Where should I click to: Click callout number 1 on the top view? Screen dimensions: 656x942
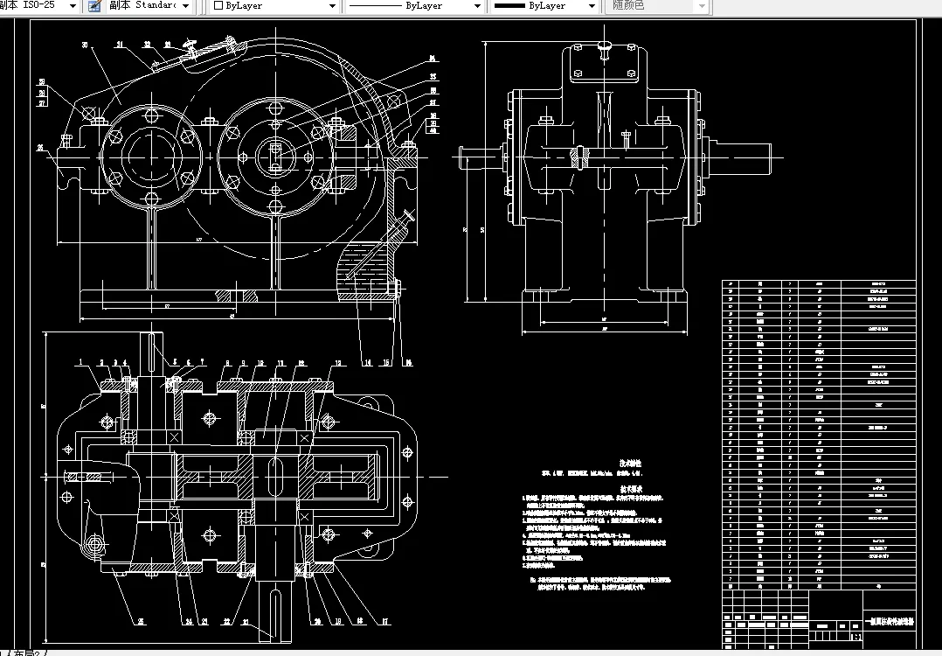click(80, 360)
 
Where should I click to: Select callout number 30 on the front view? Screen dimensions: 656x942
click(86, 45)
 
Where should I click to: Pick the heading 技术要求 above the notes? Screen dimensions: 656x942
click(631, 491)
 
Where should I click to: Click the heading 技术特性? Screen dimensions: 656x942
click(631, 463)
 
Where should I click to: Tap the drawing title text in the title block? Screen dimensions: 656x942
click(888, 624)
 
